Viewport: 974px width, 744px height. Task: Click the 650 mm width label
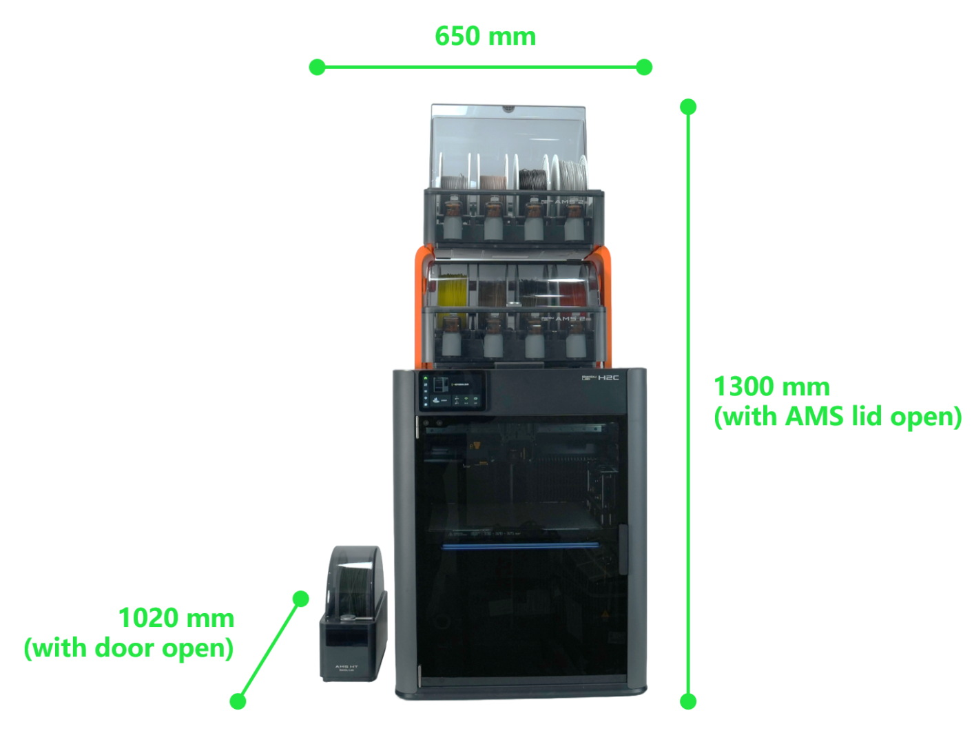coord(485,37)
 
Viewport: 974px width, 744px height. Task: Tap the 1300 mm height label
coord(771,387)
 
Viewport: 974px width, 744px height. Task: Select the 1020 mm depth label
coord(176,619)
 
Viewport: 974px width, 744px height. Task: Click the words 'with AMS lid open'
coord(838,417)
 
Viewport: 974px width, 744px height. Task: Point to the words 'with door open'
coord(129,648)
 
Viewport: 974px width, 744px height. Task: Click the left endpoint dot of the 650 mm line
coord(317,67)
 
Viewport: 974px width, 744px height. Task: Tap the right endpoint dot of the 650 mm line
coord(644,67)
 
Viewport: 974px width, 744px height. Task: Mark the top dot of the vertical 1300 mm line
coord(688,107)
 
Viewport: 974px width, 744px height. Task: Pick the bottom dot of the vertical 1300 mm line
coord(688,702)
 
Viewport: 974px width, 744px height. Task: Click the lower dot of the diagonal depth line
coord(238,702)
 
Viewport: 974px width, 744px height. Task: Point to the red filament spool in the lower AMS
coord(573,293)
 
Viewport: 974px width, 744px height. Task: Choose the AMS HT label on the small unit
coord(346,668)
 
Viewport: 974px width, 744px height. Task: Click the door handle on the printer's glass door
coord(623,549)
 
